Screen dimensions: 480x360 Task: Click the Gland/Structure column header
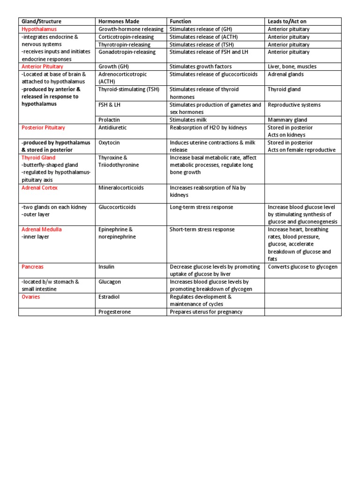click(41, 22)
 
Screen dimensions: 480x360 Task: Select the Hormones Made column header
click(119, 22)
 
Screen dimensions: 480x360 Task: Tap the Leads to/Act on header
click(287, 22)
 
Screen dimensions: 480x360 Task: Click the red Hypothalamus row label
click(39, 29)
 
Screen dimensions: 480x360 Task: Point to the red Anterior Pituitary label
click(42, 67)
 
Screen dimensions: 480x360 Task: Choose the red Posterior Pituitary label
click(43, 127)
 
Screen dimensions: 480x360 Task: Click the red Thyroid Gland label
click(38, 158)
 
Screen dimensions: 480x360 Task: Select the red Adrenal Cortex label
click(39, 187)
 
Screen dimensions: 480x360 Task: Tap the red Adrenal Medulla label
click(41, 230)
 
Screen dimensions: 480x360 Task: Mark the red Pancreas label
click(32, 267)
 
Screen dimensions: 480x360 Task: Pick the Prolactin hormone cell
click(109, 120)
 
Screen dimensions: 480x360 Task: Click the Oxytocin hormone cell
click(109, 142)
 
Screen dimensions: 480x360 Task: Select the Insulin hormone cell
click(106, 267)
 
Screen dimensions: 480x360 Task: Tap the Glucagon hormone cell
click(109, 282)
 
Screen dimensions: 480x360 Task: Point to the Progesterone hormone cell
click(114, 312)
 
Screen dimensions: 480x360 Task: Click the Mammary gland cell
click(287, 120)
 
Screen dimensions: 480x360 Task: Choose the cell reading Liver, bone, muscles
click(292, 67)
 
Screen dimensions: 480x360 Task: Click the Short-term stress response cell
click(202, 230)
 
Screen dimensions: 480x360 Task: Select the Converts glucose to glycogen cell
click(303, 267)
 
